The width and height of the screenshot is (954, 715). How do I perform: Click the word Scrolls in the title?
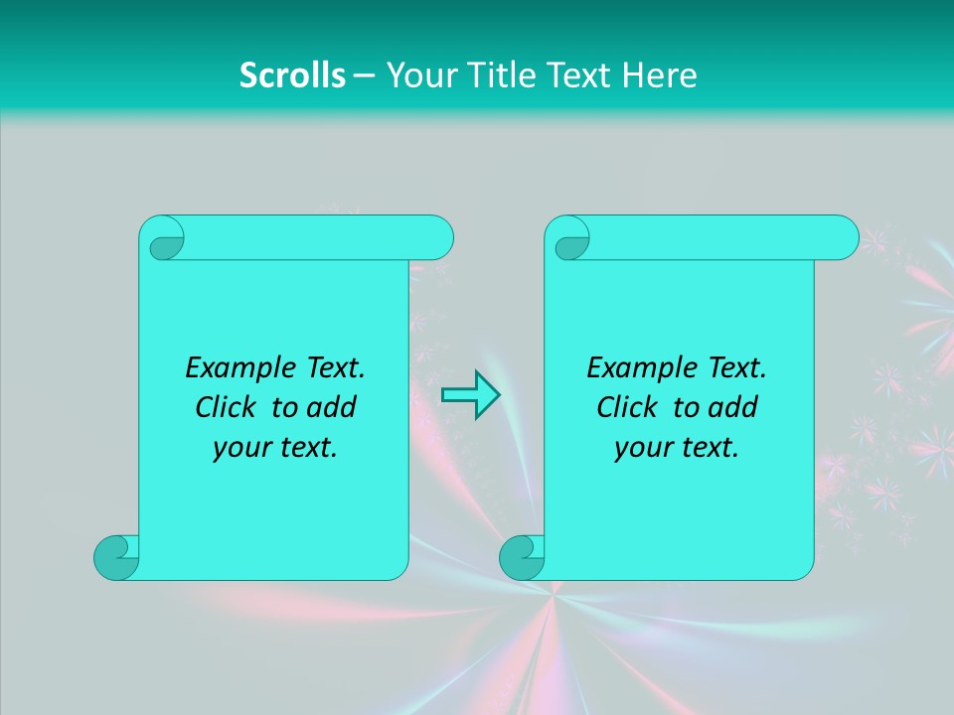(x=292, y=74)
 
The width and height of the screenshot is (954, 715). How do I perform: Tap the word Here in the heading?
(x=659, y=74)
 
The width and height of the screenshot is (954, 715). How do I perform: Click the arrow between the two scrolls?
(x=469, y=395)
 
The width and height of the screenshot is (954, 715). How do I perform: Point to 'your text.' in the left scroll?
(x=275, y=447)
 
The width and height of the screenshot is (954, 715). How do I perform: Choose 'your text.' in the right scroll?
(x=677, y=447)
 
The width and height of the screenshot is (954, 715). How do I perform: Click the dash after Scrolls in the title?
(x=364, y=74)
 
